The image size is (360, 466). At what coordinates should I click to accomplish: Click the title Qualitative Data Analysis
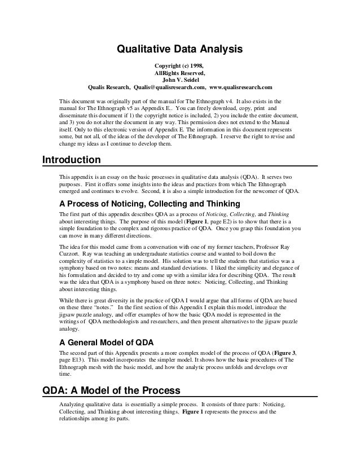[179, 49]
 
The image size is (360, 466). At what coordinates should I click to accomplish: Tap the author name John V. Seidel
[179, 80]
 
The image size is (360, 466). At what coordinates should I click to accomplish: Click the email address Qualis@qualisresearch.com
[169, 87]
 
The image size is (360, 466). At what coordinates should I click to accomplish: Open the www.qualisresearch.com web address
[240, 87]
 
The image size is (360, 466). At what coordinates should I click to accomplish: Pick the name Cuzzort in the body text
[70, 254]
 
